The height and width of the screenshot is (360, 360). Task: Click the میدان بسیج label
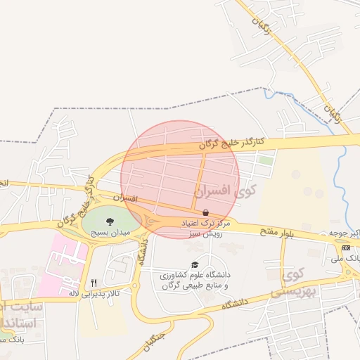(x=109, y=231)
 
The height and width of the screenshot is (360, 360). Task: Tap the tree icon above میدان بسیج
(x=109, y=221)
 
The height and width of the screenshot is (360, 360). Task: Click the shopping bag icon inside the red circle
(x=205, y=212)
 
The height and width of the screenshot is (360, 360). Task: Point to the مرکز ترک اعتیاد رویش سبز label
(x=202, y=227)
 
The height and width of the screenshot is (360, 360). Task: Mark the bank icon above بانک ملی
(x=345, y=247)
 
